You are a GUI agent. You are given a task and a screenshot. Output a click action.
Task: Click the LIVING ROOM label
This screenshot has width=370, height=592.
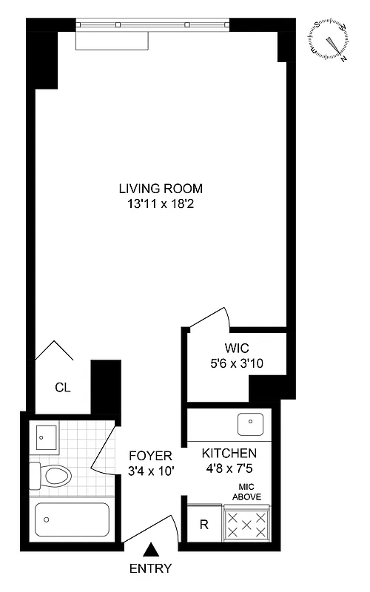coord(161,188)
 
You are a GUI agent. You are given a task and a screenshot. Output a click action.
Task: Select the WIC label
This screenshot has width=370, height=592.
coord(238,348)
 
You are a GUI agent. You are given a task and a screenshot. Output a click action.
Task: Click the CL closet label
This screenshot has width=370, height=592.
coord(62,387)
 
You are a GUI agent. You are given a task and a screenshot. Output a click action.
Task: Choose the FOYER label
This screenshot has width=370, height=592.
coord(150,454)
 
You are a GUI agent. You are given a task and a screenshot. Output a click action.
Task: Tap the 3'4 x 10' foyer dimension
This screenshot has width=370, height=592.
coord(150,469)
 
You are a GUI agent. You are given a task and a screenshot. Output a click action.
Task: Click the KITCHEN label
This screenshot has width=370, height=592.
coord(229,453)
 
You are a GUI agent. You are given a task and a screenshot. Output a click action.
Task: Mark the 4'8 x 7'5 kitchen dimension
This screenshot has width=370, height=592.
coord(229,468)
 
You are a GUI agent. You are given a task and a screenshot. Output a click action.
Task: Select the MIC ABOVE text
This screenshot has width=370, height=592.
coord(247,491)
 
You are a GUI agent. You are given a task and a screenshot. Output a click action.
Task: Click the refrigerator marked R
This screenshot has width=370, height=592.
coord(203,526)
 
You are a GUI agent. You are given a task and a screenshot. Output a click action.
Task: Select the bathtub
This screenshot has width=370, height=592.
coord(73,521)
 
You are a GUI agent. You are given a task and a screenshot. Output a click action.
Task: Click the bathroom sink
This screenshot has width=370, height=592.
coord(46,437)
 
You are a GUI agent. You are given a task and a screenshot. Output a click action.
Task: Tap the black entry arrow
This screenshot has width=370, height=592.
coord(151,549)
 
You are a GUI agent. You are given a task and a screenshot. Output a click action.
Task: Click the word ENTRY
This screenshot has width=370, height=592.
coord(151,568)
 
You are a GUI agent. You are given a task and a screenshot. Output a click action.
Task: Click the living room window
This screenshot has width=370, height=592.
coord(154,25)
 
